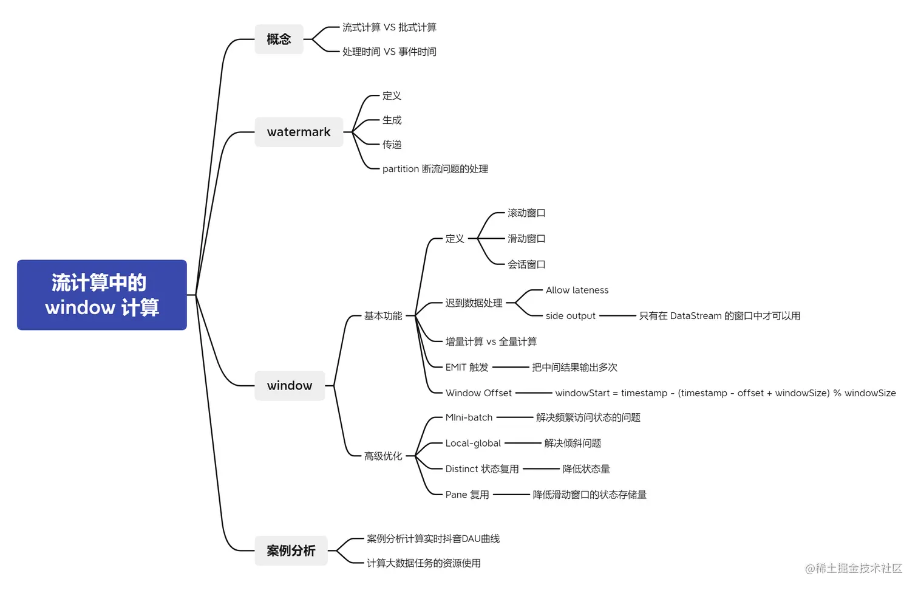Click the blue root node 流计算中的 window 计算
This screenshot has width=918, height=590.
pyautogui.click(x=102, y=295)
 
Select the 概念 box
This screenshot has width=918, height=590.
pyautogui.click(x=279, y=39)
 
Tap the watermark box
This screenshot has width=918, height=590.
pyautogui.click(x=299, y=132)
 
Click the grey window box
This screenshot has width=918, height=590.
pyautogui.click(x=290, y=386)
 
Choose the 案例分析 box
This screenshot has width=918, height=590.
pyautogui.click(x=291, y=551)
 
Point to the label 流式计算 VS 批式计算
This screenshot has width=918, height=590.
pyautogui.click(x=389, y=27)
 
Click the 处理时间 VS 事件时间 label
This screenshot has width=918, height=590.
pyautogui.click(x=389, y=52)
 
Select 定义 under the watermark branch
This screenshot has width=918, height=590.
pyautogui.click(x=392, y=96)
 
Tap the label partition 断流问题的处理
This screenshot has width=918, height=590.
pyautogui.click(x=435, y=169)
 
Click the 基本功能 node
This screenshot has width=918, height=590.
pyautogui.click(x=383, y=316)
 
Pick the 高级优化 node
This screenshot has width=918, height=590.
pyautogui.click(x=383, y=456)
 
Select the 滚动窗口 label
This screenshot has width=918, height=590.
pyautogui.click(x=526, y=213)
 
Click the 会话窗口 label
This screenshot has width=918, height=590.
pyautogui.click(x=526, y=264)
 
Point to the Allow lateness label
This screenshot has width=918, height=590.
pyautogui.click(x=577, y=290)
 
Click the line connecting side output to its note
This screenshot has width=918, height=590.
pyautogui.click(x=617, y=316)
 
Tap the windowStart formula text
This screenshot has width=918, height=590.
pyautogui.click(x=725, y=393)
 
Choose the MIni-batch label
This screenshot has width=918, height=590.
pyautogui.click(x=469, y=417)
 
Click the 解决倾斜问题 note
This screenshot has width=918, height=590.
pyautogui.click(x=573, y=444)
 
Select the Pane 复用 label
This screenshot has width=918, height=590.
pyautogui.click(x=467, y=495)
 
